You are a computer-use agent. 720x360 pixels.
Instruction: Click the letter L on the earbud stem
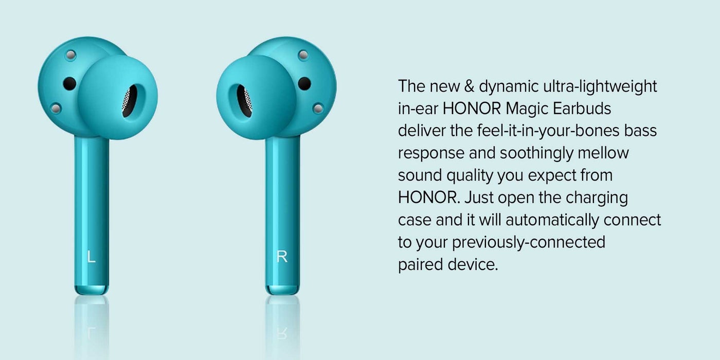(92, 257)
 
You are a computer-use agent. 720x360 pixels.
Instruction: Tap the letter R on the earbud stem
(282, 257)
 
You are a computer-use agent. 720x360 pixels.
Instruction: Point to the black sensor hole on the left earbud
(69, 83)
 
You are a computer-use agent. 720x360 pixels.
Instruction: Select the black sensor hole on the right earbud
(304, 83)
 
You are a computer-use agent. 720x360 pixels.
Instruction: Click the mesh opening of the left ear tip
(130, 100)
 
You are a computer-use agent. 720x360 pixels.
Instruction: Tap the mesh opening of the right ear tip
(244, 100)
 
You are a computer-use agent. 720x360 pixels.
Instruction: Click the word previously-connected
(528, 242)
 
